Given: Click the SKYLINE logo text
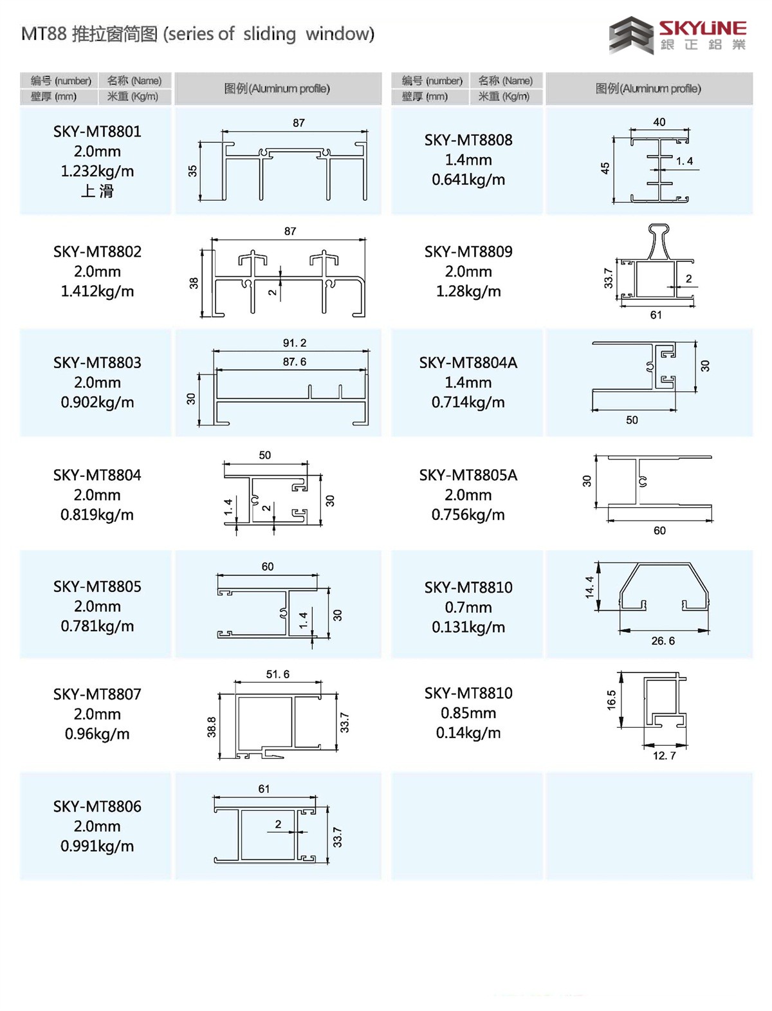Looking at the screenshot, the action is tap(703, 28).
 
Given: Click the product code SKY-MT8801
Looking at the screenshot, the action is tap(97, 132).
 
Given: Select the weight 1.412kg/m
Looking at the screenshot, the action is tap(97, 291).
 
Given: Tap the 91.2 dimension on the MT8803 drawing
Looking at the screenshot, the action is tap(294, 342).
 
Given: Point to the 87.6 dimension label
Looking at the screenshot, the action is tap(294, 362).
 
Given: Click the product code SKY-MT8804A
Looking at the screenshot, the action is tap(468, 362).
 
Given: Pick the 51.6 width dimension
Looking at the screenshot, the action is tap(277, 674).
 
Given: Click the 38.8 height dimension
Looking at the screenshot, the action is tap(211, 727).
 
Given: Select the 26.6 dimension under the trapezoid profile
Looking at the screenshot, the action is tap(663, 641).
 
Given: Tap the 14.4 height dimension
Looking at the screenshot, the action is tap(589, 588).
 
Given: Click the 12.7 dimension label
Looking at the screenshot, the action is tap(665, 756).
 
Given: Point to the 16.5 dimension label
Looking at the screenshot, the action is tap(611, 700).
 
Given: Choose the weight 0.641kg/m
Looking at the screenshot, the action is tap(468, 180).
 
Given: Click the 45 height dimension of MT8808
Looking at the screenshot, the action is tap(605, 168).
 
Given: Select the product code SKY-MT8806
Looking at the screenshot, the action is tap(97, 806).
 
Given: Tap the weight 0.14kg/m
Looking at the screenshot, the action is tap(468, 733).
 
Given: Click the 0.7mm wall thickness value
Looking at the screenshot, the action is tap(468, 608).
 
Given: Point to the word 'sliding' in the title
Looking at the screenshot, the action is tap(270, 35).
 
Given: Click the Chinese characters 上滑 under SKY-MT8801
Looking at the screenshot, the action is tap(97, 190).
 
